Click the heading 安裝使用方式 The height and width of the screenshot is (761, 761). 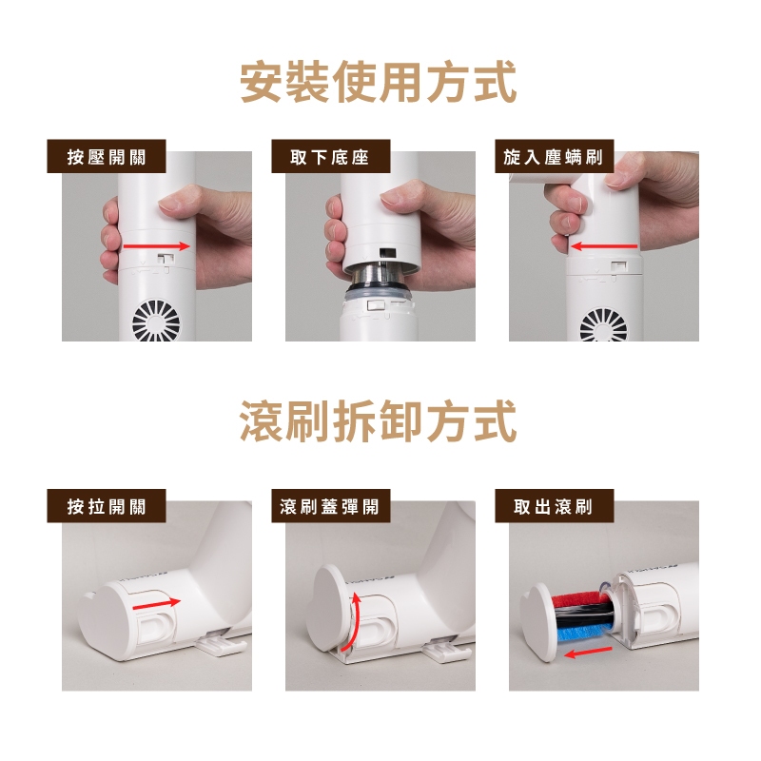tap(378, 82)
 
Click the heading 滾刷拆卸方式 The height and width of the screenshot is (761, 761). tap(378, 420)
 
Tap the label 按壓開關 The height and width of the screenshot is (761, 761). tap(107, 157)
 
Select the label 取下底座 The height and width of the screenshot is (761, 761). tap(330, 157)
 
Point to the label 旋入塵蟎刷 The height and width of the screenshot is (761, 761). tap(554, 157)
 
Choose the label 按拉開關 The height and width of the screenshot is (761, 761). tap(107, 506)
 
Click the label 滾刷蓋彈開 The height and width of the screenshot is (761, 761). tap(330, 506)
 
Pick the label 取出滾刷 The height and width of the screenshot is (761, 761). tap(554, 506)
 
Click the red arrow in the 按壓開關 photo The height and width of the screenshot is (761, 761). tap(156, 246)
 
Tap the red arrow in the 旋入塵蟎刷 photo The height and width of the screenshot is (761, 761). tap(604, 246)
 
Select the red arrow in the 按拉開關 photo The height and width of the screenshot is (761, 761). tap(156, 604)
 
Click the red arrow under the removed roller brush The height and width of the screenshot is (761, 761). tap(588, 653)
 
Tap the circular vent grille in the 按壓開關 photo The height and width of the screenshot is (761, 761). tap(156, 322)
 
